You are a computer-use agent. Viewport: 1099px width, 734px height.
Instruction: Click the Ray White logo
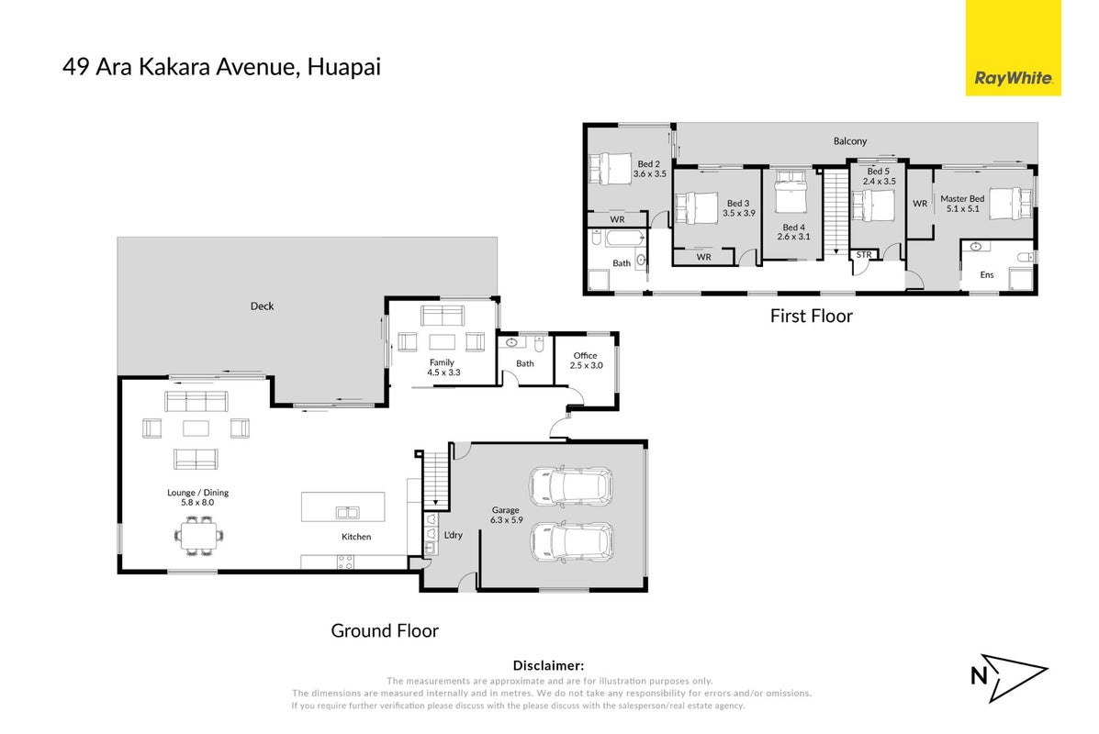(1013, 48)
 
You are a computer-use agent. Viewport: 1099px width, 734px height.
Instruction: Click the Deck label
(263, 306)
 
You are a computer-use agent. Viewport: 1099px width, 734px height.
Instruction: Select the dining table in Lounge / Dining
(199, 536)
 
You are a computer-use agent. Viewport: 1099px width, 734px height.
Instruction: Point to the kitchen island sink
(347, 513)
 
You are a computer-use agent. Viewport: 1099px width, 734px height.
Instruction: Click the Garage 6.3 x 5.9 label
(506, 515)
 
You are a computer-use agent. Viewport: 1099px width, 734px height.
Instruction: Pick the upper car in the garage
(571, 485)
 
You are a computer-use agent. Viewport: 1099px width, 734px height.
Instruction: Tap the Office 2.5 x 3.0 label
(586, 361)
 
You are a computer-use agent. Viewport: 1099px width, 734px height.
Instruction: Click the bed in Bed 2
(610, 168)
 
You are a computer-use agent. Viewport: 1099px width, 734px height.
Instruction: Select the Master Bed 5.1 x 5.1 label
(962, 203)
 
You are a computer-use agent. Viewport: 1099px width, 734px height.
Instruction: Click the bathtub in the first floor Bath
(623, 239)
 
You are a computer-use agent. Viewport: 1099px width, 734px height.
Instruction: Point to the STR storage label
(863, 255)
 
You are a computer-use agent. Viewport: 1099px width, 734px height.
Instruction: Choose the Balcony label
(850, 140)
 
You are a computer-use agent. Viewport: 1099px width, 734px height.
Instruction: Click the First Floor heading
(812, 316)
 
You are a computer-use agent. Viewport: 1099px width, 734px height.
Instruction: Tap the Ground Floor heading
(385, 630)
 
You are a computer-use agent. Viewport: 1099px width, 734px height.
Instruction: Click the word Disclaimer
(548, 665)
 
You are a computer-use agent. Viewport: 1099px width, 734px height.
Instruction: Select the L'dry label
(454, 535)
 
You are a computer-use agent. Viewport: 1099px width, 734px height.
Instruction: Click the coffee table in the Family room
(443, 342)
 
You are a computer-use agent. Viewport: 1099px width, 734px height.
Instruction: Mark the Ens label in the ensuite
(987, 274)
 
